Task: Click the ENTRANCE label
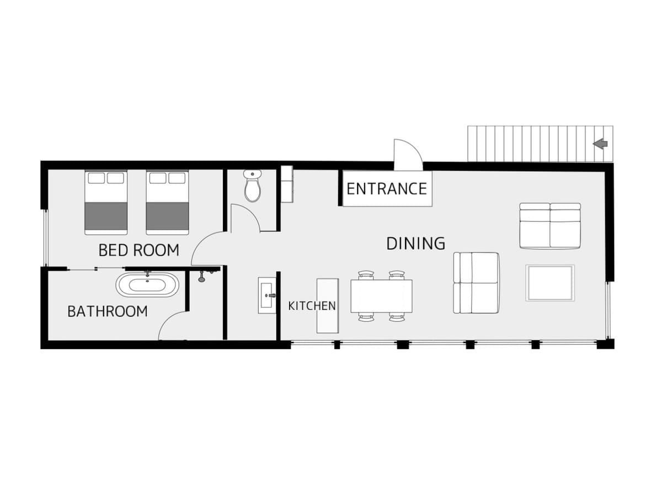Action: [386, 189]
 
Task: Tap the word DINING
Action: [415, 244]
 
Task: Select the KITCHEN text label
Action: [312, 305]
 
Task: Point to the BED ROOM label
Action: [138, 250]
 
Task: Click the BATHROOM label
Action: [108, 311]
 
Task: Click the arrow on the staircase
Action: [600, 144]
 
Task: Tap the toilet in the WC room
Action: [253, 186]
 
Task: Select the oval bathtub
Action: [147, 285]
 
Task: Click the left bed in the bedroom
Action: [106, 203]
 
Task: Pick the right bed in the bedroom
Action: [167, 203]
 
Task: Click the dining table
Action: [381, 296]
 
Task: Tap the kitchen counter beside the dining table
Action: [327, 305]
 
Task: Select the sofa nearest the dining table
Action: [476, 283]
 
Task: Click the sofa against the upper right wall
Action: [550, 226]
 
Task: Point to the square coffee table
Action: [550, 283]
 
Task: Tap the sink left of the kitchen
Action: [267, 295]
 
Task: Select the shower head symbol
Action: [202, 276]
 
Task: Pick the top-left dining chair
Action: [366, 275]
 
